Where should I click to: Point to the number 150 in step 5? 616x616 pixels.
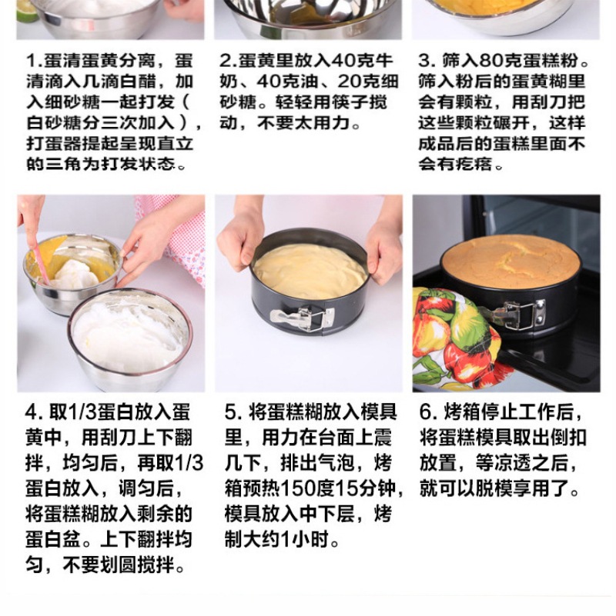[298, 488]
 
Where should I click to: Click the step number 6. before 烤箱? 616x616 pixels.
[428, 411]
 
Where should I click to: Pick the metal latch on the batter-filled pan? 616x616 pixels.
[302, 318]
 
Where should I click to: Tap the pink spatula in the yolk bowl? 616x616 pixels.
[41, 261]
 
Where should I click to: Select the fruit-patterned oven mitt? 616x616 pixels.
[460, 340]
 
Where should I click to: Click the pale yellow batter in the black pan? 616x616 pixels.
[310, 270]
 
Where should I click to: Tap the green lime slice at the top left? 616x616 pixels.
[28, 10]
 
